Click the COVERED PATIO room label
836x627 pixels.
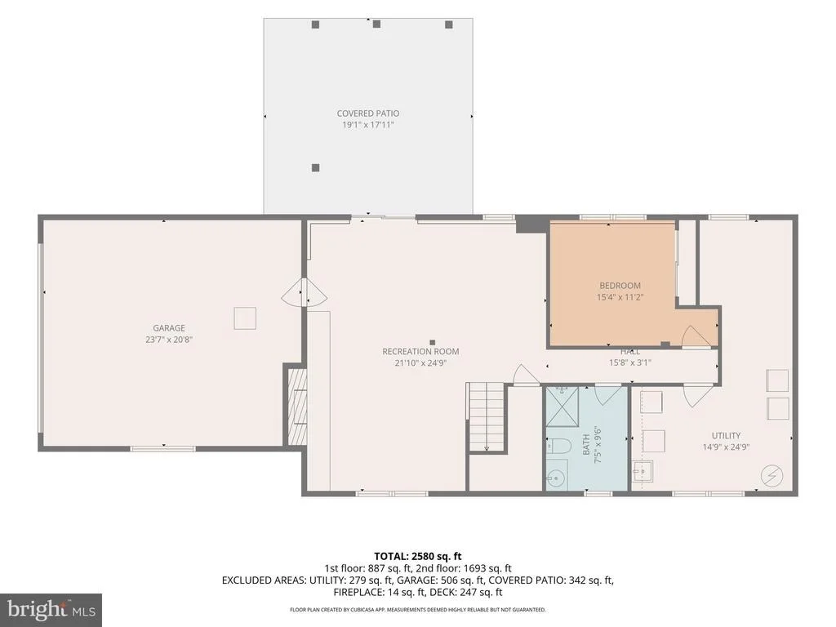point(368,113)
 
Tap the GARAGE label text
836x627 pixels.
point(169,328)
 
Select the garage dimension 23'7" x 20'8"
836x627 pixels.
point(169,340)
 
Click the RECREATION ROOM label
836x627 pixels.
point(420,352)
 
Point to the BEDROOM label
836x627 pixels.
point(620,286)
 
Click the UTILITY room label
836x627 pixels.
point(726,436)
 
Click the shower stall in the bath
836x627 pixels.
point(562,407)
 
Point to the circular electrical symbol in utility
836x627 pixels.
point(772,476)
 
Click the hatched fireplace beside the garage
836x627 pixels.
point(297,407)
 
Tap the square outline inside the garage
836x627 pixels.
point(245,318)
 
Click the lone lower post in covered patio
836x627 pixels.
point(316,168)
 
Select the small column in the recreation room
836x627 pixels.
point(433,342)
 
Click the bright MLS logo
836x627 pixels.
point(51,609)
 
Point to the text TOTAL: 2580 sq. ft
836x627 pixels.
point(418,557)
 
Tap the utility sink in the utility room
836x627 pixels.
point(643,471)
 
